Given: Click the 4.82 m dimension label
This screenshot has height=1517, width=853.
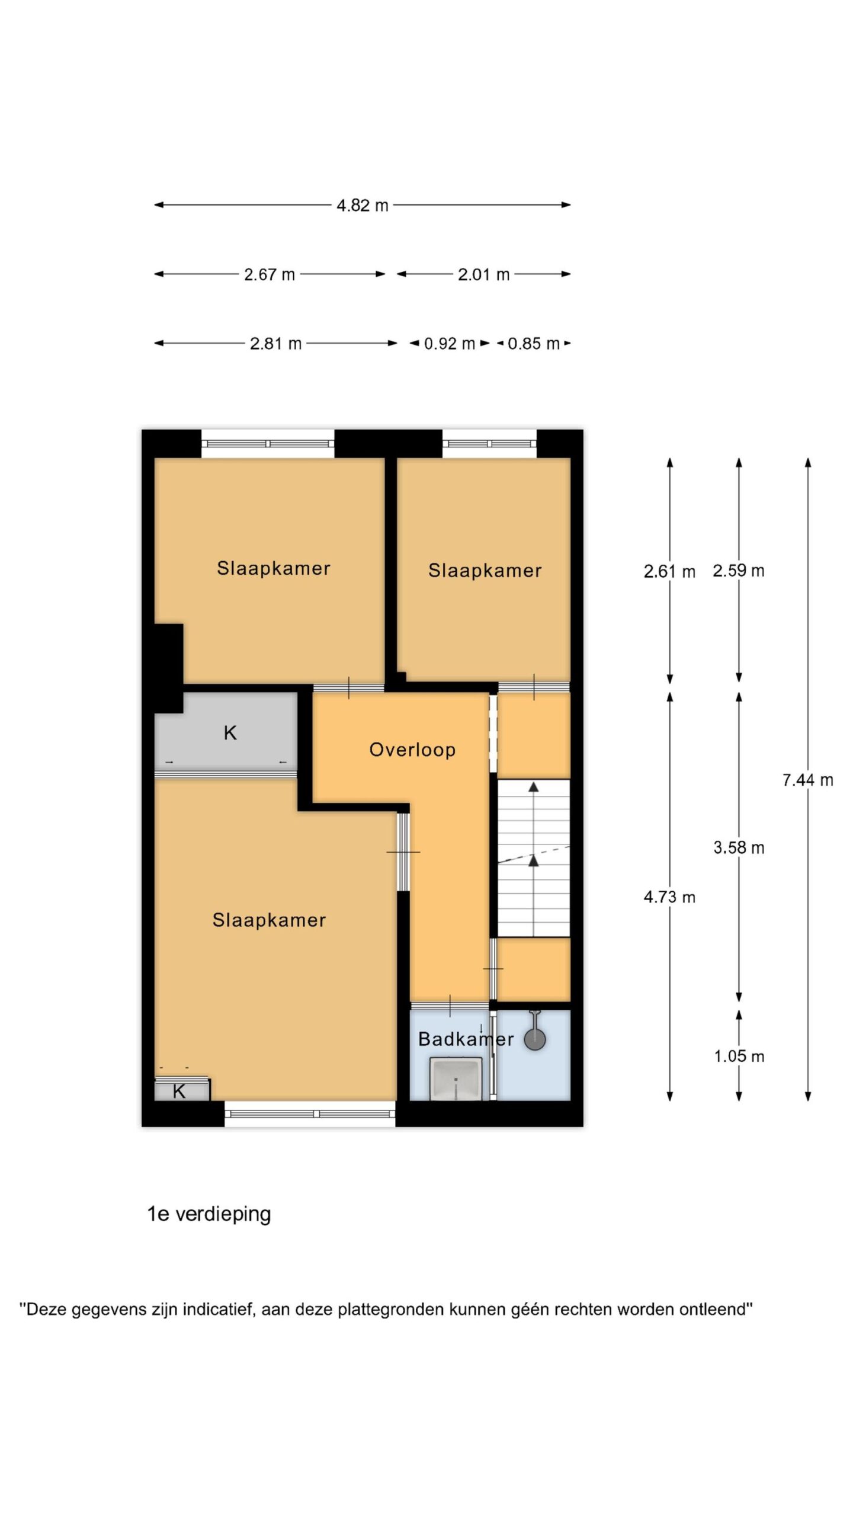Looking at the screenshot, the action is point(362,205).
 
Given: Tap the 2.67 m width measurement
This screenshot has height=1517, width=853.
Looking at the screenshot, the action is point(270,274).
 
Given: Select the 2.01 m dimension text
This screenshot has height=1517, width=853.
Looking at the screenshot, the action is point(483,274).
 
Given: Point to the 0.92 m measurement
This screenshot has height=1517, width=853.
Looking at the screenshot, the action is point(450,344).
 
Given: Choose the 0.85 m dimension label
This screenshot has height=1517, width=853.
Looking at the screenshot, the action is point(534,344).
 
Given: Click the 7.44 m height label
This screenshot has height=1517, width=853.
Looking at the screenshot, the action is point(807,780).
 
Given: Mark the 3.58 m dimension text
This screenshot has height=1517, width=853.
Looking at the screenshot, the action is point(739,847).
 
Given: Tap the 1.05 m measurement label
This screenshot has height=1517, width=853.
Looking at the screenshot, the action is point(739,1056).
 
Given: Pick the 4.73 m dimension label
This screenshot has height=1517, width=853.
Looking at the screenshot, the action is point(669,897).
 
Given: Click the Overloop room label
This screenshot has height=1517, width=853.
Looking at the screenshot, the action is point(412,750).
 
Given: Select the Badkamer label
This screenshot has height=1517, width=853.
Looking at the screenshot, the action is point(466,1039).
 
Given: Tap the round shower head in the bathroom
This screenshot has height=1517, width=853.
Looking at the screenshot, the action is point(535,1041).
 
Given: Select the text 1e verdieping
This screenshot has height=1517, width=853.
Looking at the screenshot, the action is point(209,1214).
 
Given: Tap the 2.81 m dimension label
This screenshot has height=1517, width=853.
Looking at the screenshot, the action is point(275,344).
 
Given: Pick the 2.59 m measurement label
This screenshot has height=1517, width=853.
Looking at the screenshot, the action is point(739,571).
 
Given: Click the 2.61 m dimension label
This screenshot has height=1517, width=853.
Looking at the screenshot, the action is point(669,572).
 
